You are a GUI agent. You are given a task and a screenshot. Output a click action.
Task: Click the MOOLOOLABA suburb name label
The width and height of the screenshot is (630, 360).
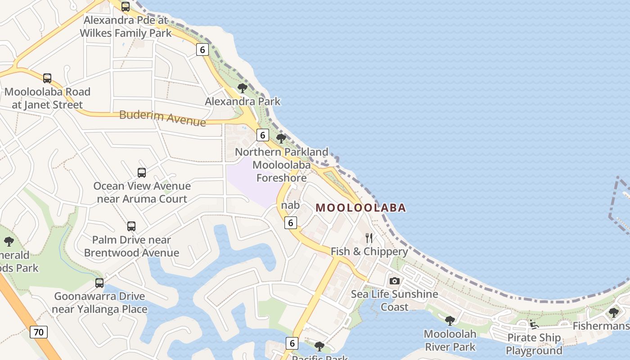pyautogui.click(x=361, y=207)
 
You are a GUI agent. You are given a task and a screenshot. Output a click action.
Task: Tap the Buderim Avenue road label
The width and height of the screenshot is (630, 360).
pyautogui.click(x=162, y=118)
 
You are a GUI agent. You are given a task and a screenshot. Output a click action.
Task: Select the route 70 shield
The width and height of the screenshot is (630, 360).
pyautogui.click(x=39, y=333)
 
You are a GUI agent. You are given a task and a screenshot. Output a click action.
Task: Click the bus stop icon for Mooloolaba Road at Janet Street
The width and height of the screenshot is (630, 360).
pyautogui.click(x=47, y=78)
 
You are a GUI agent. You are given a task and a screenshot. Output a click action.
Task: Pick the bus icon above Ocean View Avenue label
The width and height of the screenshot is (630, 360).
pyautogui.click(x=142, y=173)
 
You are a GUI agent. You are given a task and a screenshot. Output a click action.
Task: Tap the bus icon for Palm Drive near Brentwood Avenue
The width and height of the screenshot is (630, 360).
pyautogui.click(x=131, y=226)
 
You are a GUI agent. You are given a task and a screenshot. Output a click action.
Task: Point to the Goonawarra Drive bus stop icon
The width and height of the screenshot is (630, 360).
pyautogui.click(x=99, y=283)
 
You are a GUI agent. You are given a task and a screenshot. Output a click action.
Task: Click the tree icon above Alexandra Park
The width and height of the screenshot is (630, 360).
pyautogui.click(x=243, y=88)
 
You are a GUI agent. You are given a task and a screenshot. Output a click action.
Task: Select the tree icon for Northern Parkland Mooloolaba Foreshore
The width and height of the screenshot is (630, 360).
pyautogui.click(x=281, y=139)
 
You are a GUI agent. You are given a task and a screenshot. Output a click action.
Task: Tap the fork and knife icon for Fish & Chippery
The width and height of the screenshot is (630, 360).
pyautogui.click(x=369, y=238)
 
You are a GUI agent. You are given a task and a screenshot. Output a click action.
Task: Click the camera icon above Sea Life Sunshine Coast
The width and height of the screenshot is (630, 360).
pyautogui.click(x=395, y=281)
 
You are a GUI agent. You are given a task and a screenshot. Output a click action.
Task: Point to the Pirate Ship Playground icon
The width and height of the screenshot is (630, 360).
pyautogui.click(x=534, y=324)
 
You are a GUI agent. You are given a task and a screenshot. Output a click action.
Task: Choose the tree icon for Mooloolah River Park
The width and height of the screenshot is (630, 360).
pyautogui.click(x=450, y=320)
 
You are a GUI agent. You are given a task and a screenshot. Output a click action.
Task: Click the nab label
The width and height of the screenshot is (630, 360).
pyautogui.click(x=290, y=205)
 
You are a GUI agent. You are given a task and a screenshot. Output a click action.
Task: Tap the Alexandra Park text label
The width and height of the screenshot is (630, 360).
pyautogui.click(x=243, y=102)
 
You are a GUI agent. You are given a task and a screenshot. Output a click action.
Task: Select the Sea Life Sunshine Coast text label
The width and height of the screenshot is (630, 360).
pyautogui.click(x=395, y=300)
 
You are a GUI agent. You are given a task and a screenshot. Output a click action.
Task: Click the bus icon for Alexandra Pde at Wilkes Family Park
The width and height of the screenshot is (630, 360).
pyautogui.click(x=126, y=7)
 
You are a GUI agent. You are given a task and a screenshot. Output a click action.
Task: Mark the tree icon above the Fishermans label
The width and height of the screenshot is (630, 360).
pyautogui.click(x=614, y=312)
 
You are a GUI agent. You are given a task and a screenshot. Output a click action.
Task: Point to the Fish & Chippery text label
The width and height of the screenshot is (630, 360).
pyautogui.click(x=369, y=252)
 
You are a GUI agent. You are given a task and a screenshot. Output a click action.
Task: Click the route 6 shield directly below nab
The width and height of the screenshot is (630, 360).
pyautogui.click(x=291, y=222)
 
